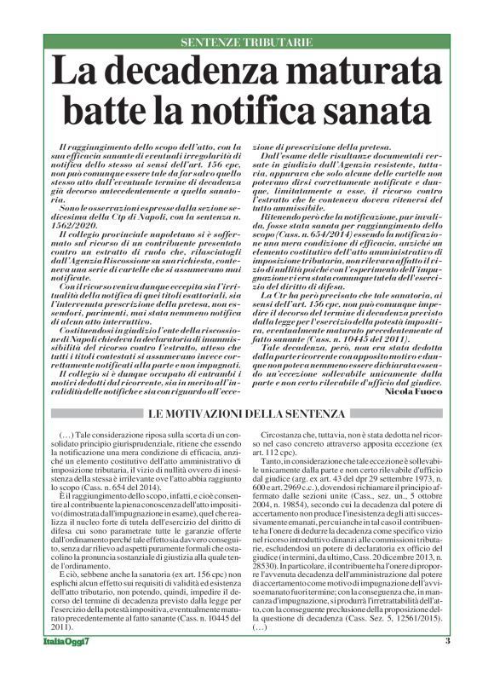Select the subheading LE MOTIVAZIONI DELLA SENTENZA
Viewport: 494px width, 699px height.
click(x=247, y=413)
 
